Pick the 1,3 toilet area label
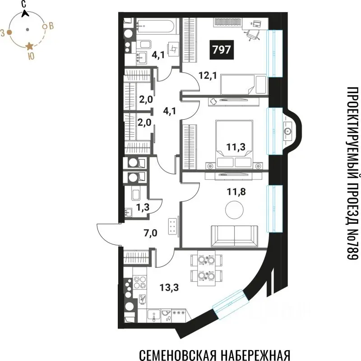click(x=143, y=208)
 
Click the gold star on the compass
click(x=30, y=46)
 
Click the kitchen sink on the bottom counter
click(x=166, y=315)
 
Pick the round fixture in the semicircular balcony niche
click(x=287, y=131)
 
